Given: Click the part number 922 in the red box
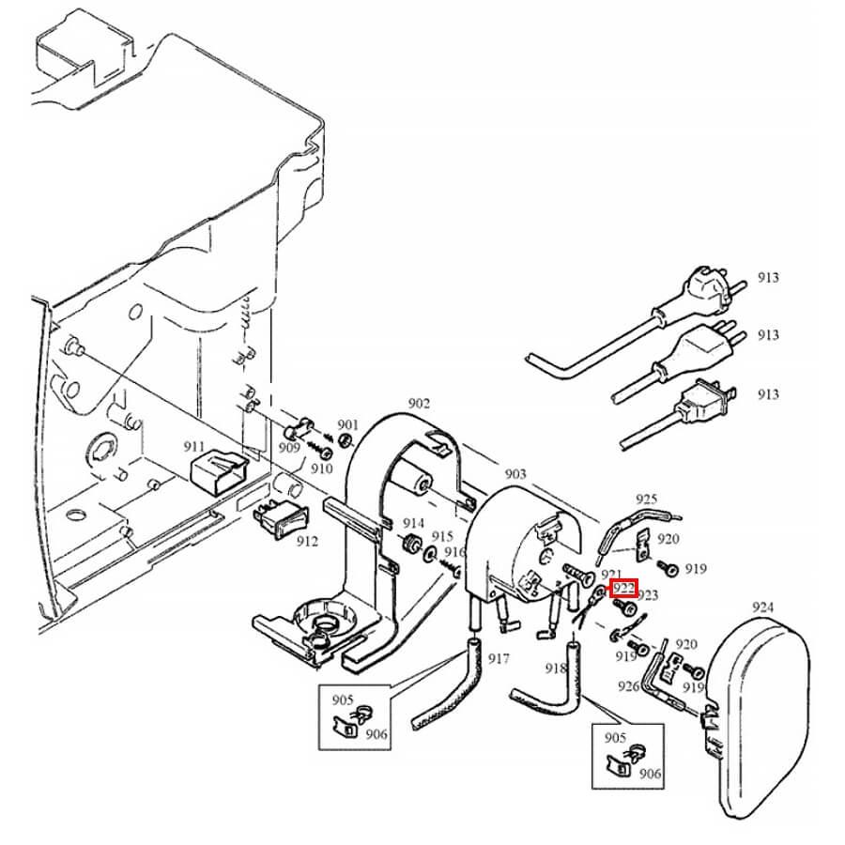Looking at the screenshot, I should [x=624, y=589].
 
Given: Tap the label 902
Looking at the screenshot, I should [x=419, y=404].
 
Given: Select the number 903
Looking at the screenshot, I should [x=515, y=475].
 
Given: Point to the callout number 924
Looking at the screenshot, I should [x=763, y=608].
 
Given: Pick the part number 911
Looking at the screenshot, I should [x=194, y=446].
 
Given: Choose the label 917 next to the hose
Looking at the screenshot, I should [x=499, y=658].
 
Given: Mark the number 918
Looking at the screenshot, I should [x=556, y=668].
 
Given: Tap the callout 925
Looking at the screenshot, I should [x=647, y=499].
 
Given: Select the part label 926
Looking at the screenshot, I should [x=629, y=686].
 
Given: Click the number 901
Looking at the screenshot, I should [x=348, y=425].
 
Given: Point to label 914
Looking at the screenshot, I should [x=414, y=523].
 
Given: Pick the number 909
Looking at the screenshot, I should [x=289, y=448].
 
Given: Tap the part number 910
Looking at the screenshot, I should [x=322, y=468].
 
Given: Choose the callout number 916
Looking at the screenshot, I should [x=455, y=552].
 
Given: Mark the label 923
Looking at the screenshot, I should [x=648, y=595].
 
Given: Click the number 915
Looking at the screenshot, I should [x=442, y=536].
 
